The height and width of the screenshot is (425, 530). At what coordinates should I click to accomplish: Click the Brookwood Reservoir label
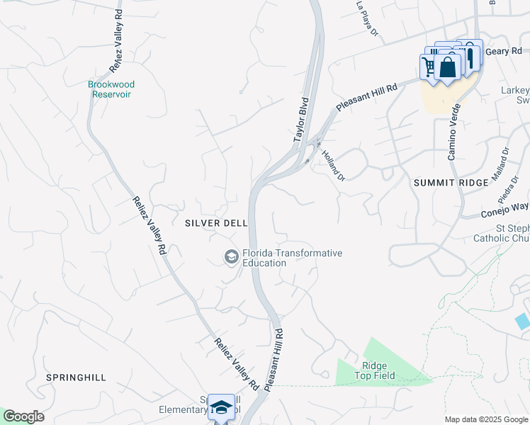coord(111,89)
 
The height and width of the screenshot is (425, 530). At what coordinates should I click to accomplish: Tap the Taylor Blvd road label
coord(302,121)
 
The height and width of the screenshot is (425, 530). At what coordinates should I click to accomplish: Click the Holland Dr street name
coord(333,164)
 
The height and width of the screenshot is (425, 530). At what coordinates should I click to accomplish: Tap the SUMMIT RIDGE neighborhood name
coord(451,183)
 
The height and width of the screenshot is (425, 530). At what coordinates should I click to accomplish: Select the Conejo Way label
coord(504,208)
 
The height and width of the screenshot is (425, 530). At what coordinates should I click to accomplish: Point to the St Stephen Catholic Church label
coord(502,233)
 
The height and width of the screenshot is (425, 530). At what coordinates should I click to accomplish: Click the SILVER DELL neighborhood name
coord(216,222)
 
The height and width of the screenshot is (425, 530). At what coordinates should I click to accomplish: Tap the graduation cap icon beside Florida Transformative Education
coord(231,256)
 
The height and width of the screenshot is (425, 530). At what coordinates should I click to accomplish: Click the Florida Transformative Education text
coord(292,258)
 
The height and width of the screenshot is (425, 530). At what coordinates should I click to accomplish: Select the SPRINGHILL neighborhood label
coord(76,378)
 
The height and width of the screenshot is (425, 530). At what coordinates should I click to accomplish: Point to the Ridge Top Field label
coord(374,370)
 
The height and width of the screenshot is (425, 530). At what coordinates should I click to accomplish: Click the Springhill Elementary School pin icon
coord(222,407)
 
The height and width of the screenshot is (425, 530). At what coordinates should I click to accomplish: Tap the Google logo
coord(23,416)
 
